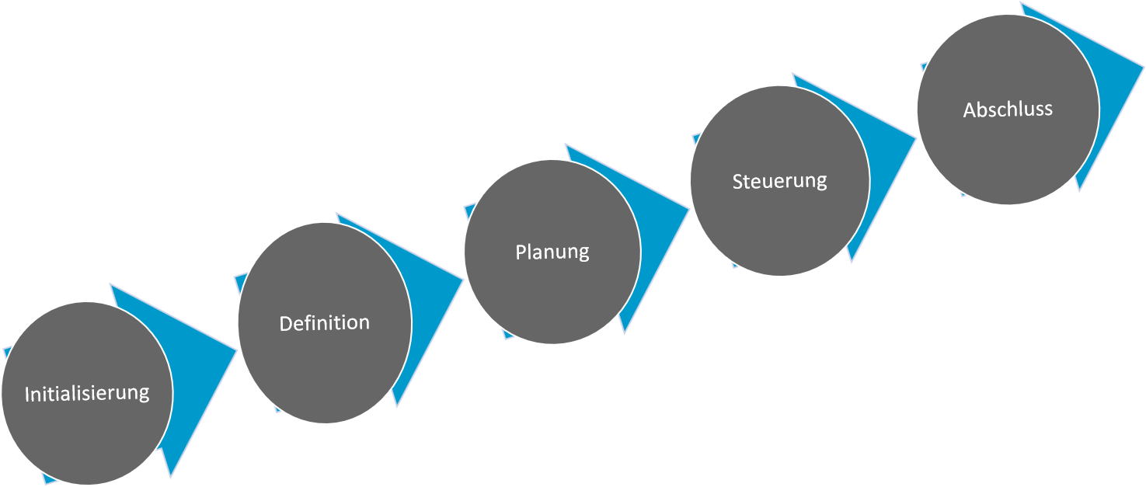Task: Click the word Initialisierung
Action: point(87,393)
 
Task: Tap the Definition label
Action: point(325,323)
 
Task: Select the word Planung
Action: point(552,252)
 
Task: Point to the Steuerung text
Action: point(779,181)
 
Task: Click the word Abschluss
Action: point(1008,110)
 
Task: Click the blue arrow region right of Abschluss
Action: point(1119,78)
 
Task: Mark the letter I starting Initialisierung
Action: point(27,394)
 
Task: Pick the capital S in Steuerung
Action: point(737,182)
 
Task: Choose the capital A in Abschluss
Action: point(969,110)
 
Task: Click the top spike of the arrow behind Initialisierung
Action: point(114,288)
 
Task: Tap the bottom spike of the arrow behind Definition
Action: point(396,402)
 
